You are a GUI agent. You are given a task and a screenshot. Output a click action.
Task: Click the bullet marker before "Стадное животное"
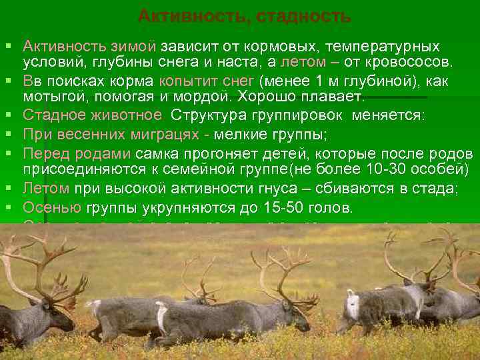(x=7, y=115)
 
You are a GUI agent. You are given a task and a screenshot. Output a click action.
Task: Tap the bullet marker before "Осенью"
(x=7, y=207)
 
